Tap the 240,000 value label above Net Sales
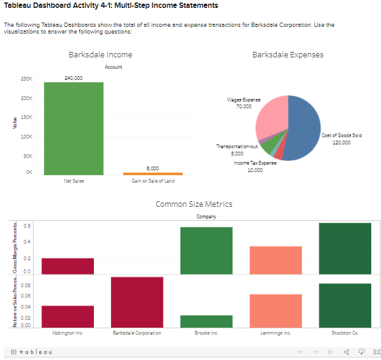click(74, 78)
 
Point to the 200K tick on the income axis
click(27, 98)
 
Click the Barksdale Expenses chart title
click(288, 55)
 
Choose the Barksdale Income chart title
click(101, 55)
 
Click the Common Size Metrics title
click(194, 204)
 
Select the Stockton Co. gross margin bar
click(344, 248)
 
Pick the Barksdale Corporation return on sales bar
click(137, 302)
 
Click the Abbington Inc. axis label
click(67, 333)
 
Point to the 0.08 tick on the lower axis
click(27, 284)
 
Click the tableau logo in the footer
click(31, 352)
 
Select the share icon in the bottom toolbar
click(347, 352)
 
